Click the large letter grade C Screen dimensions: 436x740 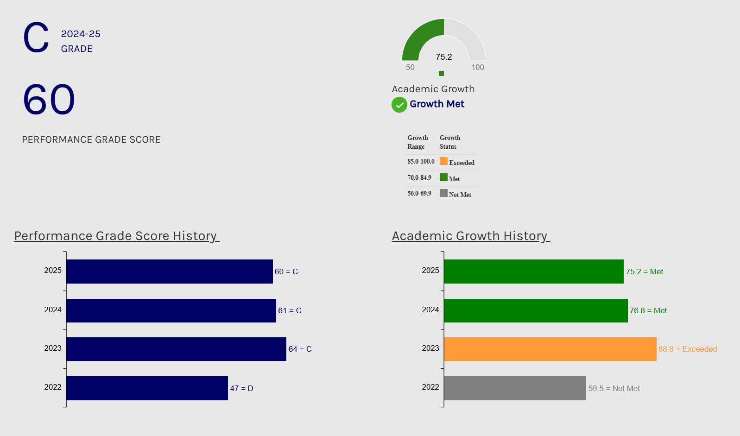click(36, 38)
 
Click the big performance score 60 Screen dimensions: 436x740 click(49, 100)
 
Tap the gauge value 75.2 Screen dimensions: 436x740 click(443, 57)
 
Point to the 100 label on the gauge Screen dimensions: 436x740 click(478, 68)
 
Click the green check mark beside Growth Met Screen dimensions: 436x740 click(399, 105)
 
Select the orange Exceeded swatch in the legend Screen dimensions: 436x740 click(443, 161)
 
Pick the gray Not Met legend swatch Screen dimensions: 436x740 click(443, 193)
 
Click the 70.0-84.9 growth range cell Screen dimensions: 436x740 click(419, 177)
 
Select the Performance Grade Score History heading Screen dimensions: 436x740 click(116, 236)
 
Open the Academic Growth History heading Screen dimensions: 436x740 click(470, 236)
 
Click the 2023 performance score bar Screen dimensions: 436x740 click(176, 349)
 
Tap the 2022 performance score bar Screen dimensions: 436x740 click(147, 388)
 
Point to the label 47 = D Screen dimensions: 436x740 click(241, 388)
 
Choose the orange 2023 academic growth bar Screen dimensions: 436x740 click(550, 349)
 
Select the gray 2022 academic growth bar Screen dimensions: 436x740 click(515, 388)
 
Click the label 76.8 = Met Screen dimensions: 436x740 click(648, 310)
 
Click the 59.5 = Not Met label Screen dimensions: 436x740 click(614, 388)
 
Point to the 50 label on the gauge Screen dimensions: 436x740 click(410, 68)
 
